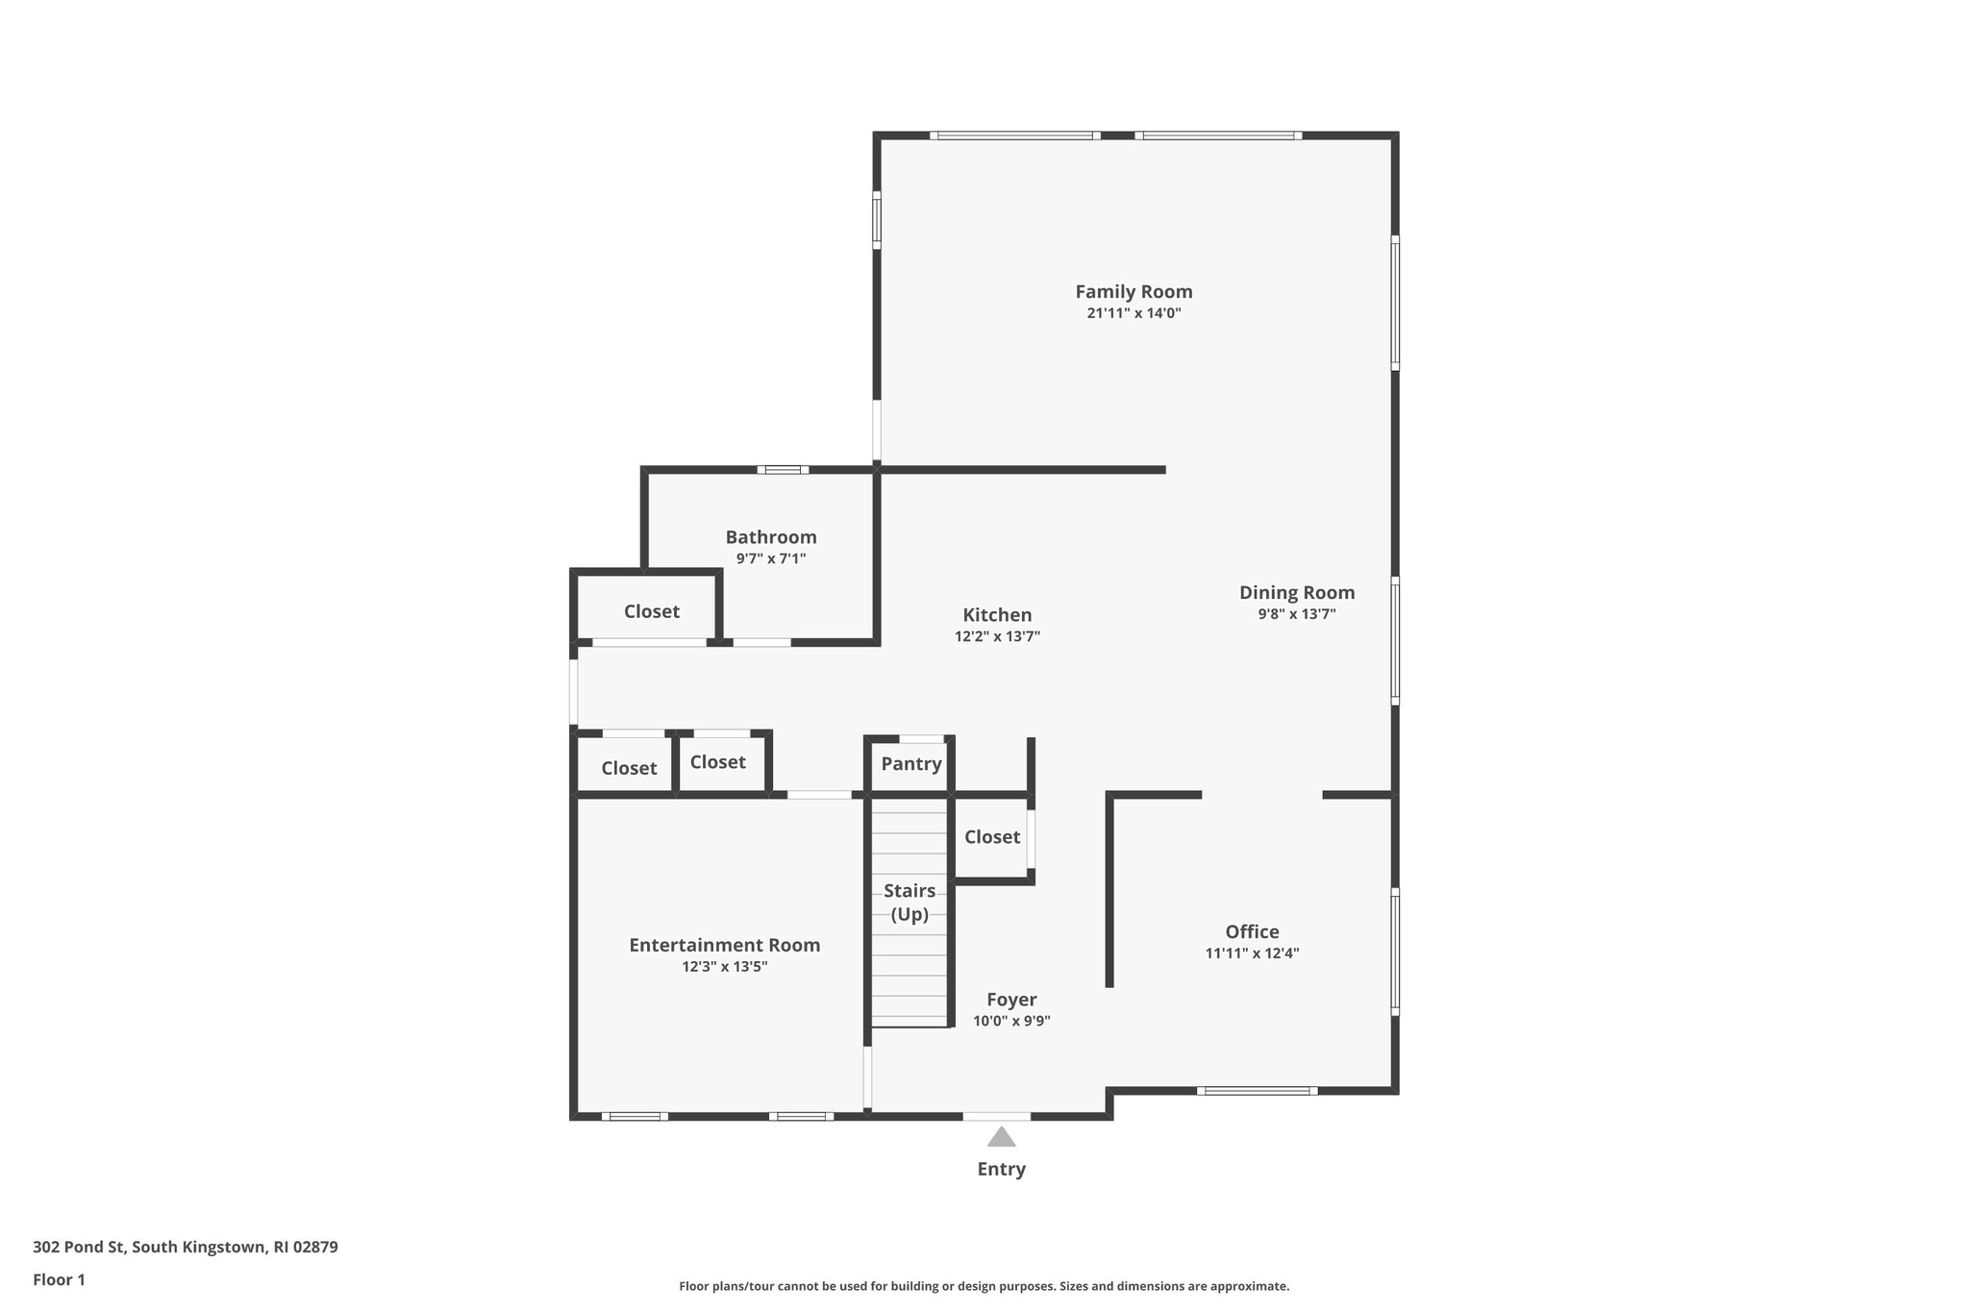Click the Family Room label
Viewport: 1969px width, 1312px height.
pyautogui.click(x=1134, y=291)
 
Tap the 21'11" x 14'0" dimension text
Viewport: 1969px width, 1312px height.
pyautogui.click(x=1134, y=313)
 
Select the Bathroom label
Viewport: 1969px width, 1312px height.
pyautogui.click(x=771, y=537)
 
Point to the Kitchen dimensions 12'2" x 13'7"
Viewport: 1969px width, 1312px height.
pyautogui.click(x=997, y=636)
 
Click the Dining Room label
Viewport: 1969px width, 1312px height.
pyautogui.click(x=1296, y=593)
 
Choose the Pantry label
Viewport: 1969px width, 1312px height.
pyautogui.click(x=910, y=764)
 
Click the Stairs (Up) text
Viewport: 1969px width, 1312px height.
pyautogui.click(x=909, y=903)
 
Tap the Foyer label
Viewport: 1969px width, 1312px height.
pyautogui.click(x=1011, y=1000)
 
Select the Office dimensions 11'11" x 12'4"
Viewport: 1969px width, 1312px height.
pyautogui.click(x=1252, y=953)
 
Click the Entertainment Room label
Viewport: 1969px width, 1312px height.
pyautogui.click(x=724, y=945)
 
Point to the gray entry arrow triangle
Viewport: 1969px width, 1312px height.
pyautogui.click(x=1001, y=1138)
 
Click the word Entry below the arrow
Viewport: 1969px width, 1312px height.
pyautogui.click(x=1001, y=1170)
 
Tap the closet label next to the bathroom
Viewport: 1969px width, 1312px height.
pyautogui.click(x=651, y=611)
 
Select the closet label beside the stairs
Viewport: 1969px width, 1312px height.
pyautogui.click(x=991, y=837)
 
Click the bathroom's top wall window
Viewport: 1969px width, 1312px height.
pyautogui.click(x=783, y=470)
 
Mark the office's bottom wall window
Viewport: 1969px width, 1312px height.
pyautogui.click(x=1257, y=1091)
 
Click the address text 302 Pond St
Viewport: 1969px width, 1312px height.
pyautogui.click(x=185, y=1248)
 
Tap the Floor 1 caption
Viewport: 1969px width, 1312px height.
pyautogui.click(x=59, y=1280)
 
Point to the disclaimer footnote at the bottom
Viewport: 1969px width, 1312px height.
pyautogui.click(x=984, y=1286)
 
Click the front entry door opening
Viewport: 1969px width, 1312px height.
pyautogui.click(x=996, y=1117)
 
